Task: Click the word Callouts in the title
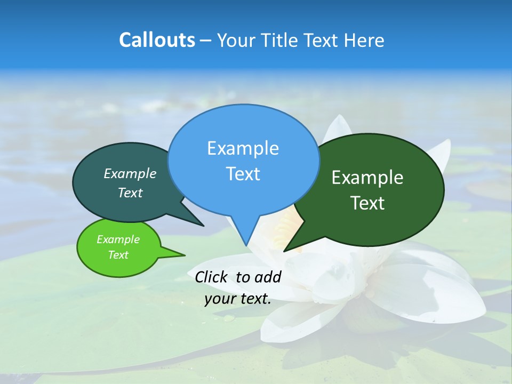(x=157, y=41)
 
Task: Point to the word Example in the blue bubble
(x=243, y=148)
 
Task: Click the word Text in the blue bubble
(x=243, y=174)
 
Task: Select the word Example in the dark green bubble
(x=367, y=178)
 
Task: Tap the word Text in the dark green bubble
(x=367, y=203)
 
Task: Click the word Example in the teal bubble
(x=130, y=173)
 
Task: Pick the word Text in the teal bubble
(x=130, y=193)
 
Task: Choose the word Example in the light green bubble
(x=118, y=239)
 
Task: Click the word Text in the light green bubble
(x=118, y=255)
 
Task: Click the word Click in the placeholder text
(x=211, y=277)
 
